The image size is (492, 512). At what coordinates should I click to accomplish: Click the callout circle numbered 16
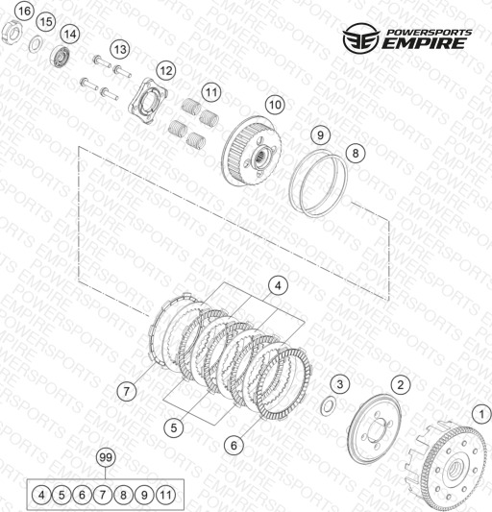[x=24, y=12]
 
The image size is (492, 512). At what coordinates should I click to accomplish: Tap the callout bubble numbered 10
[x=275, y=105]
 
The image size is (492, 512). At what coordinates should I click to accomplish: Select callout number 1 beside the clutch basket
[x=481, y=415]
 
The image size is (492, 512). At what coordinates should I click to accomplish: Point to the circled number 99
[x=106, y=457]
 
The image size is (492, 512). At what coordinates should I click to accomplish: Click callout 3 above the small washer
[x=340, y=384]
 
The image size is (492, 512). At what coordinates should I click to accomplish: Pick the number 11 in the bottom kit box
[x=165, y=495]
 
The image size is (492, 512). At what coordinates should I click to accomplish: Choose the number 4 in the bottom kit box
[x=41, y=495]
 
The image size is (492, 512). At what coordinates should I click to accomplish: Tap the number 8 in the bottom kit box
[x=124, y=495]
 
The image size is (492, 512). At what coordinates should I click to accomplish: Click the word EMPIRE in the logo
[x=424, y=43]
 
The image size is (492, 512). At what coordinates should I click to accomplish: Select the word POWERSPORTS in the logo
[x=430, y=32]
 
